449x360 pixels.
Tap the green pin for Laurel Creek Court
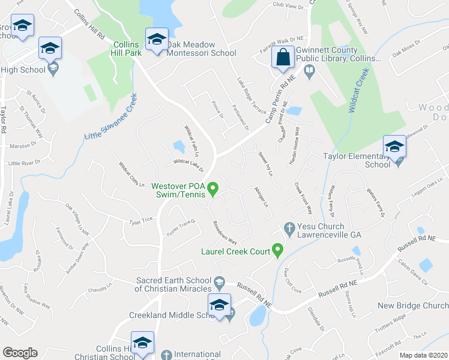pos(277,250)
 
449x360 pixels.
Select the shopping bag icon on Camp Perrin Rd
pos(282,58)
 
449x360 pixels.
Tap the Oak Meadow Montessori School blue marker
pos(157,40)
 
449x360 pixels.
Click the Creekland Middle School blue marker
pos(219,305)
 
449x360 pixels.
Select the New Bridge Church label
pos(413,305)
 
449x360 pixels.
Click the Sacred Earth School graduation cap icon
pos(220,281)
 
